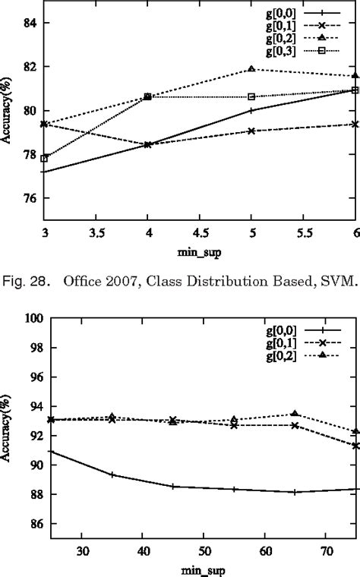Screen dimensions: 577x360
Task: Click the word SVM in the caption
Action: coord(336,284)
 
